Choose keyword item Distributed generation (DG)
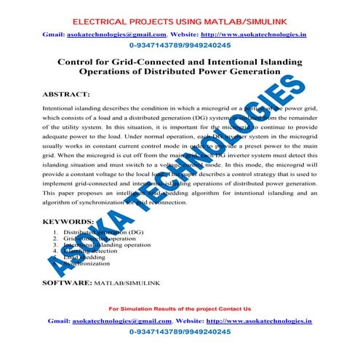coord(103,231)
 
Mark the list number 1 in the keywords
coord(56,231)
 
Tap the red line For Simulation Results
coord(179,308)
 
